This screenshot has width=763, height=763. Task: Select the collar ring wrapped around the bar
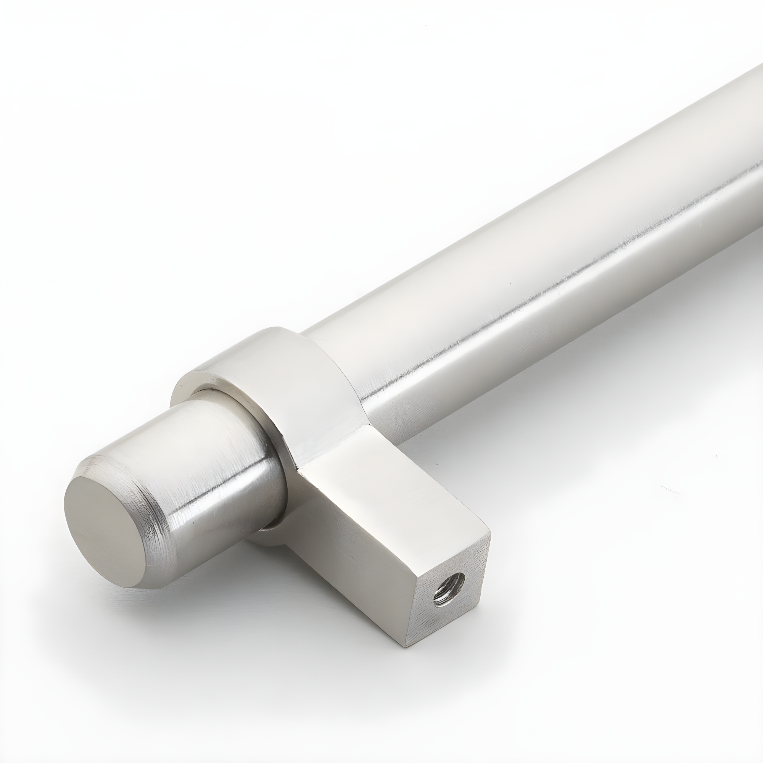pyautogui.click(x=277, y=379)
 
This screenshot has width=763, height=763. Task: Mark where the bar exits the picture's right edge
pyautogui.click(x=756, y=119)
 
